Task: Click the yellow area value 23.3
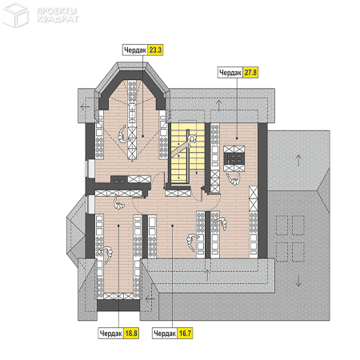[155, 50]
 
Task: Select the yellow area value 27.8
[250, 72]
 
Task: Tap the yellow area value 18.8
[131, 333]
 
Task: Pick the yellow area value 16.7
[185, 333]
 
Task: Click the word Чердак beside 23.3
[135, 50]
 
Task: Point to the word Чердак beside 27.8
[230, 73]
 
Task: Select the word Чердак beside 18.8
[110, 334]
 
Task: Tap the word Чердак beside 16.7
[165, 334]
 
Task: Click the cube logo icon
[16, 14]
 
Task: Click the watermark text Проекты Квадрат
[58, 15]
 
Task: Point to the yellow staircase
[186, 153]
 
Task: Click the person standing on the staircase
[192, 140]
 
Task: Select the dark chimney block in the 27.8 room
[234, 158]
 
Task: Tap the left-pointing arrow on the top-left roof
[85, 106]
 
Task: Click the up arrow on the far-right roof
[298, 160]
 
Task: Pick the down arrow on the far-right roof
[298, 281]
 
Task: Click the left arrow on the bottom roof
[150, 298]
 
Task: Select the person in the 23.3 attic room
[122, 134]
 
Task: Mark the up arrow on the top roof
[219, 105]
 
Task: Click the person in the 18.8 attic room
[107, 254]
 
